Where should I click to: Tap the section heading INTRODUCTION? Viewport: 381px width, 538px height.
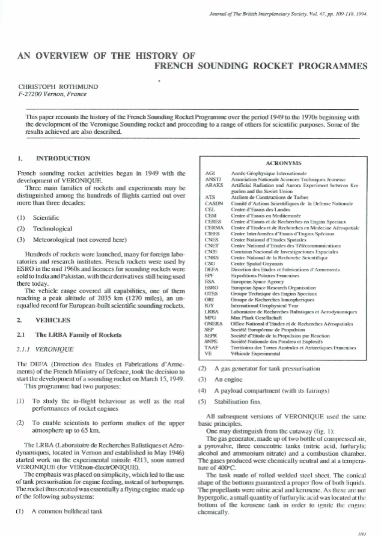pyautogui.click(x=63, y=159)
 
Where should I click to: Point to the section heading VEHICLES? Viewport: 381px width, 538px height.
pyautogui.click(x=53, y=321)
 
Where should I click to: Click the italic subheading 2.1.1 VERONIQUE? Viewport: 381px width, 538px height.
pyautogui.click(x=46, y=347)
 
